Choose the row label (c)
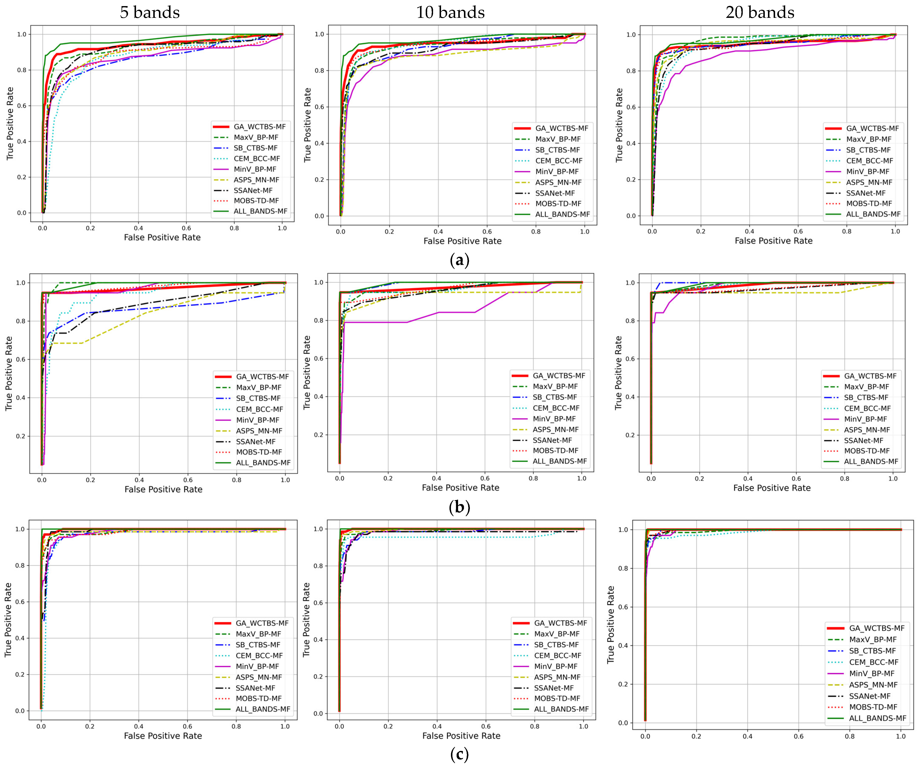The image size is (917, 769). (459, 754)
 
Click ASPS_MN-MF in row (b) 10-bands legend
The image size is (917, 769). (555, 429)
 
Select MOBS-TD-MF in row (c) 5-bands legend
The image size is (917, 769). (259, 698)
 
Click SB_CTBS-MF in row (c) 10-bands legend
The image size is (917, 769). (556, 645)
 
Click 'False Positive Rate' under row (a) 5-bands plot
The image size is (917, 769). (162, 237)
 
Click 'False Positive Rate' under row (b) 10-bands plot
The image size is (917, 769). (460, 487)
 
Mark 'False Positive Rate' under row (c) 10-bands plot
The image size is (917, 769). (461, 736)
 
